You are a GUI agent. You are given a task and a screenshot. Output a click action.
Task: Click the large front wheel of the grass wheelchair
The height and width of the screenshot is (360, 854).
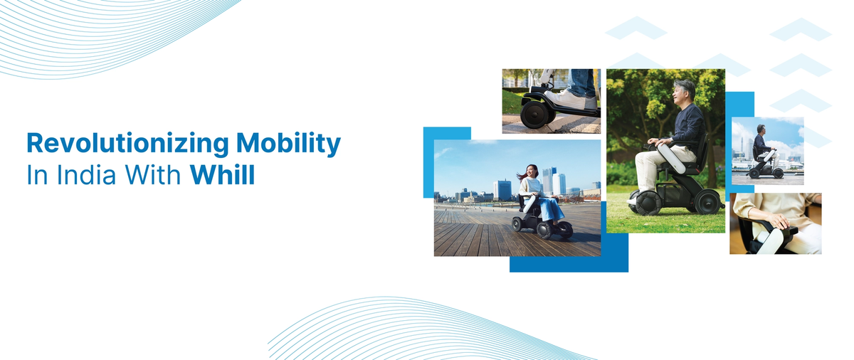tap(644, 201)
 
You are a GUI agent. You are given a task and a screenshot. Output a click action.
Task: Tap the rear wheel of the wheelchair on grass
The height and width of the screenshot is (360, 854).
tap(709, 201)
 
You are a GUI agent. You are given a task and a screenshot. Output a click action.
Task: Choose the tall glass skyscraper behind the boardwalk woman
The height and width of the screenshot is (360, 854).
tap(549, 181)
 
